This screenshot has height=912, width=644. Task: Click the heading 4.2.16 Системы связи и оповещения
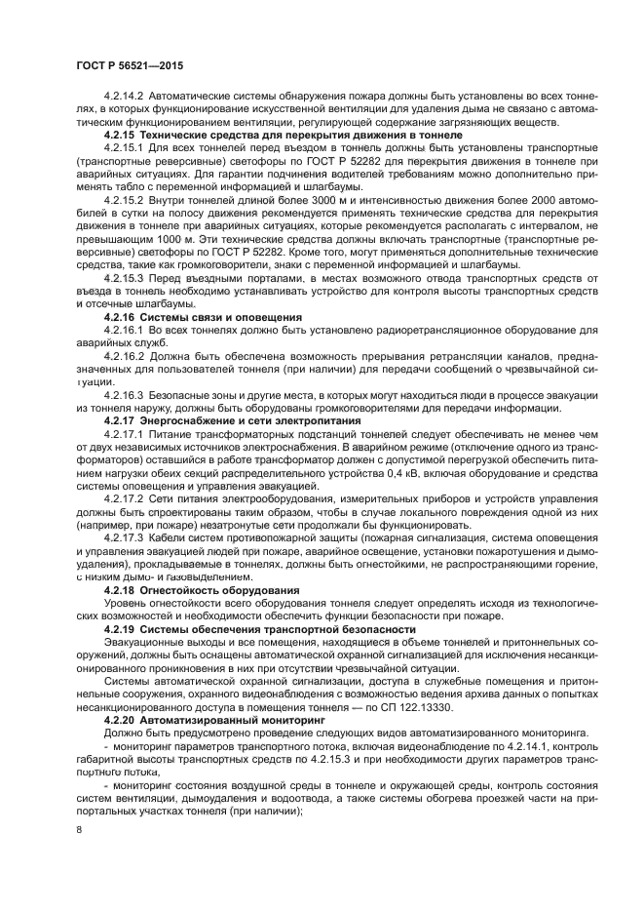204,317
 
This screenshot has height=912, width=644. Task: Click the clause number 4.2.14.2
124,96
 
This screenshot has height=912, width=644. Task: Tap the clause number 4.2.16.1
124,331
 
